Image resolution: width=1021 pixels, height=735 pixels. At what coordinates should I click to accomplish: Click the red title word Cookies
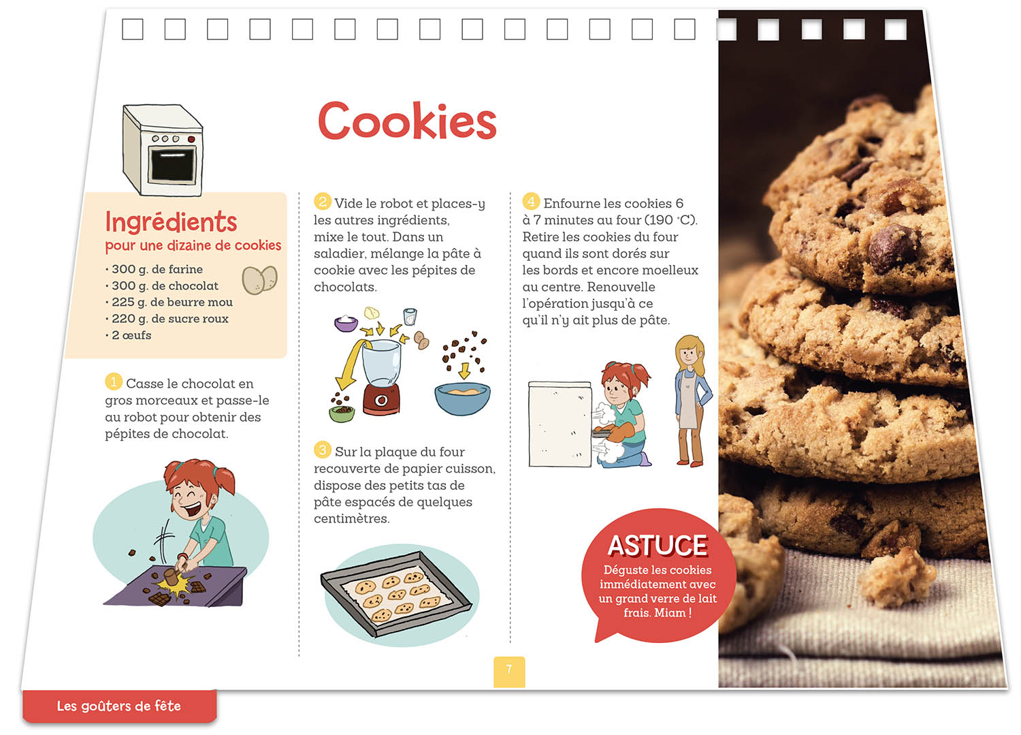(407, 121)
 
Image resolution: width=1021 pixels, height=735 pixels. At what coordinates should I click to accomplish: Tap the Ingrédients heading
(171, 222)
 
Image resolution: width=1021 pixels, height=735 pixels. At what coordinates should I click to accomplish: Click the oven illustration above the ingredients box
(163, 150)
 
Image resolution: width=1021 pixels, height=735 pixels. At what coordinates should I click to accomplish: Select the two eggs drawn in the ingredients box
(259, 280)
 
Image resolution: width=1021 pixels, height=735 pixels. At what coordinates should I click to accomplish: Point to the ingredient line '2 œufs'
(128, 335)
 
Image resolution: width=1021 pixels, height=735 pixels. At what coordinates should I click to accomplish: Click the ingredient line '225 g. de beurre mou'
(169, 302)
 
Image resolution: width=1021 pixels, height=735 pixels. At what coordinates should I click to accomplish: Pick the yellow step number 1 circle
(114, 381)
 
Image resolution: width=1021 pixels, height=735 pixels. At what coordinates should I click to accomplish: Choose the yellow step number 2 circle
(322, 201)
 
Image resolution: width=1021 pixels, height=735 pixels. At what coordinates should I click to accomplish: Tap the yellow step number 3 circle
(322, 450)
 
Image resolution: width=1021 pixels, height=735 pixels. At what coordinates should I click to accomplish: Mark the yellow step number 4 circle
(531, 201)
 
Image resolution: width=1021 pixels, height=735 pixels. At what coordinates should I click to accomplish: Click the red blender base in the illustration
(381, 399)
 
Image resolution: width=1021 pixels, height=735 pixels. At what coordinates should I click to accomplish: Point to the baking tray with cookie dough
(396, 593)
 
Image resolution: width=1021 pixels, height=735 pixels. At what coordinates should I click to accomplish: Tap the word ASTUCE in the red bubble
(658, 546)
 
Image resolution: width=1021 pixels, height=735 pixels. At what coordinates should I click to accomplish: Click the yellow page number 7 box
(509, 672)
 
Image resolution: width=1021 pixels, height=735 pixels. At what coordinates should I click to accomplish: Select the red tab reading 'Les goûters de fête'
(119, 706)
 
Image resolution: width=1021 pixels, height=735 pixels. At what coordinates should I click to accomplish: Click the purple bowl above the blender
(346, 324)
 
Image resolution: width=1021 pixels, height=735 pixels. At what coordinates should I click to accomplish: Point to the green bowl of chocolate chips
(342, 413)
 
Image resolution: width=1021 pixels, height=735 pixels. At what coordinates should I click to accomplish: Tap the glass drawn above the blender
(410, 317)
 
